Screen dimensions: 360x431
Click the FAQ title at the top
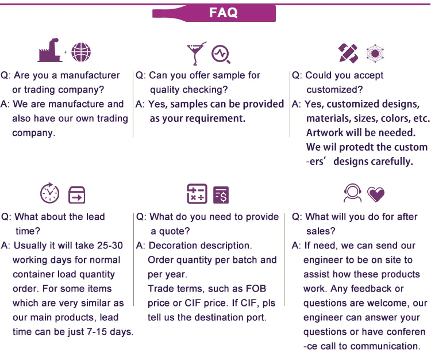pyautogui.click(x=224, y=13)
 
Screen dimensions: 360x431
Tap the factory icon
pyautogui.click(x=50, y=52)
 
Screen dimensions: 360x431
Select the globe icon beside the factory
pyautogui.click(x=81, y=52)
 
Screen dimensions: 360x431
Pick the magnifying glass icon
pyautogui.click(x=221, y=54)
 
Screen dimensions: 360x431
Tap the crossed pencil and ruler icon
pyautogui.click(x=348, y=53)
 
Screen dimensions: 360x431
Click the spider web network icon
pyautogui.click(x=375, y=53)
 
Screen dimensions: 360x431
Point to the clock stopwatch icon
pyautogui.click(x=49, y=193)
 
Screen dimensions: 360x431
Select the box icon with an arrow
pyautogui.click(x=76, y=195)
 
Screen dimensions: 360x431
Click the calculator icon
pyautogui.click(x=197, y=194)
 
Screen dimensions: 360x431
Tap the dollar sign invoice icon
pyautogui.click(x=221, y=195)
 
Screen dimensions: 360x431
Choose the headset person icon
pyautogui.click(x=352, y=193)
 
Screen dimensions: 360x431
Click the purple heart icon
pyautogui.click(x=376, y=195)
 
